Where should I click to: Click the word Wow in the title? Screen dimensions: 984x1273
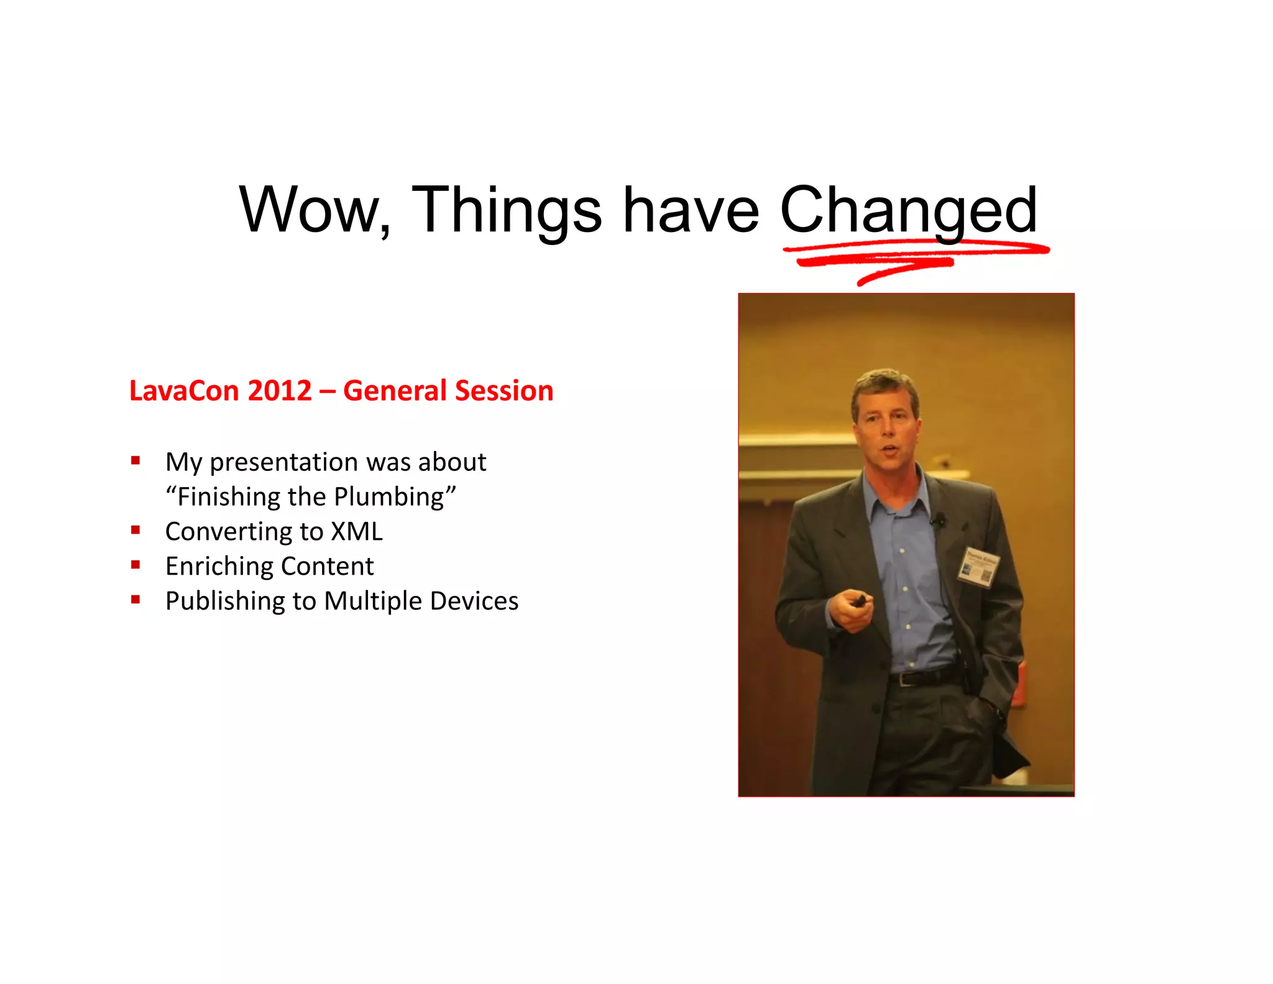tap(310, 210)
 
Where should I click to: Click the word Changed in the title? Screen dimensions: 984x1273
tap(908, 210)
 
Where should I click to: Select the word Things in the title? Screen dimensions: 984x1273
tap(507, 210)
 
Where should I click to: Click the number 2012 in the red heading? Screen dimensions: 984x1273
tap(280, 391)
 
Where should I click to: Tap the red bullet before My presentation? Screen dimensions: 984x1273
tap(136, 461)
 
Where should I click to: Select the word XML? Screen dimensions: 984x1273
tap(357, 532)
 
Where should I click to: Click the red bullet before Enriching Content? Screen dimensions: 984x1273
tap(136, 565)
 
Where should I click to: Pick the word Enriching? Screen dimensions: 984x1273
tap(219, 567)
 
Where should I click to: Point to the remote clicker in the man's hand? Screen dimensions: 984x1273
tap(860, 601)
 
